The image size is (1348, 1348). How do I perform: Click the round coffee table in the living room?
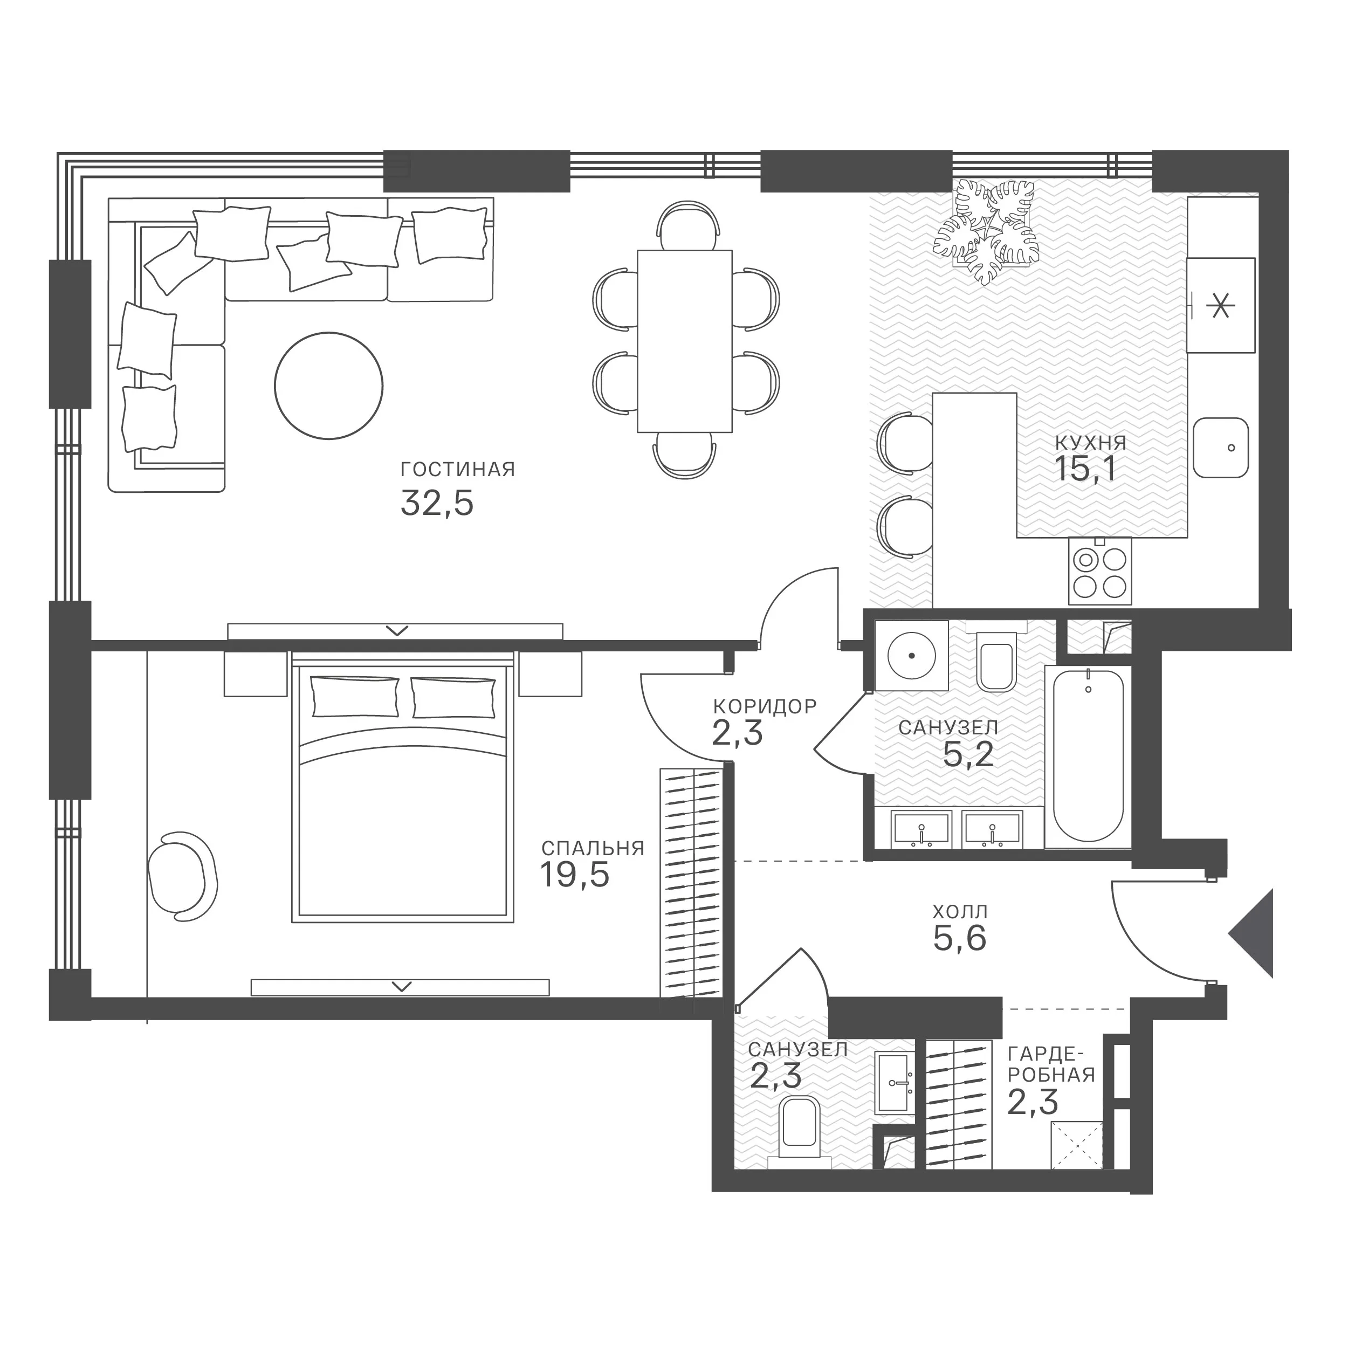pos(328,386)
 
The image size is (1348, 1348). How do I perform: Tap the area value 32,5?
pos(437,503)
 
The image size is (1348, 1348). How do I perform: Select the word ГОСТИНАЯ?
pos(458,470)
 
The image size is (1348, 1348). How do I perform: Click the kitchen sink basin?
pos(1220,448)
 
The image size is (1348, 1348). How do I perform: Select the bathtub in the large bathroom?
pos(1088,756)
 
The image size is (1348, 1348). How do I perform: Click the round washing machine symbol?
pos(911,655)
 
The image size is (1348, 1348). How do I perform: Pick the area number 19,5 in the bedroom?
pos(575,875)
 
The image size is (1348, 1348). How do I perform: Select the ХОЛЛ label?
pos(960,911)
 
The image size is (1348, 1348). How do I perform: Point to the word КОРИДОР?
pos(765,707)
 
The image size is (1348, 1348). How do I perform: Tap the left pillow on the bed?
pos(355,696)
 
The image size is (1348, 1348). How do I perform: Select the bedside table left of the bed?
pos(256,673)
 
